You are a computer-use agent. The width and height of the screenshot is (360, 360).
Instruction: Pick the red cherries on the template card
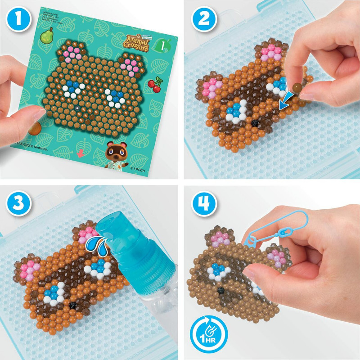(x=154, y=85)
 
